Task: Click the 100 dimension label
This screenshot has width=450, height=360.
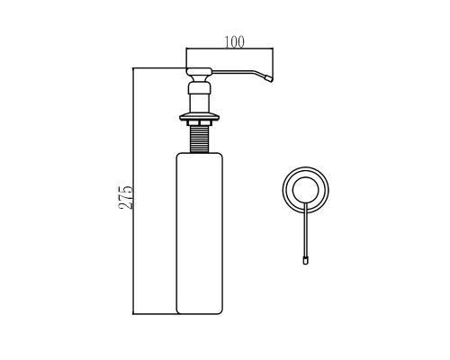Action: click(x=235, y=42)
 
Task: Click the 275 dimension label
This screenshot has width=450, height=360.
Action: click(x=126, y=197)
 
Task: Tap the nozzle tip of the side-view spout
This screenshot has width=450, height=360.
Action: click(x=269, y=78)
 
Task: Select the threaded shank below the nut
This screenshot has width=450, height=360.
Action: click(x=200, y=139)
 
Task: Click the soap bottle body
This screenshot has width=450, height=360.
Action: click(x=199, y=233)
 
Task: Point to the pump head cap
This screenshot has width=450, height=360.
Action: click(x=200, y=71)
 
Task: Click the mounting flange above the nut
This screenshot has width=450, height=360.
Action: click(x=200, y=117)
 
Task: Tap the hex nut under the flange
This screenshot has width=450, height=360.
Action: click(x=200, y=123)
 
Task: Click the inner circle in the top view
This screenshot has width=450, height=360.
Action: click(x=305, y=177)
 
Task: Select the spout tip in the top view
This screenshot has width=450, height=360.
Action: click(x=305, y=260)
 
